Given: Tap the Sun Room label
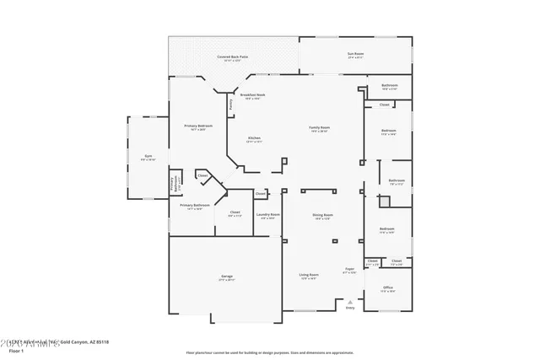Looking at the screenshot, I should pos(355,56).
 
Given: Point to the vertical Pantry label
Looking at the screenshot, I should pos(231,105).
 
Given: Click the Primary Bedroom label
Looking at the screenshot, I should pos(199,127).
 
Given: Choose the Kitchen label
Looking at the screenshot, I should pos(254,139).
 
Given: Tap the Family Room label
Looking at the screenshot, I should pos(319,128).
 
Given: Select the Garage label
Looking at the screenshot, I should pos(227,277).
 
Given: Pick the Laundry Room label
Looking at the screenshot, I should pos(269,216).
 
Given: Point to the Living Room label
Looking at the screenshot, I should pos(308,276).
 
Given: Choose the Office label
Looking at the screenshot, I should pos(387,289).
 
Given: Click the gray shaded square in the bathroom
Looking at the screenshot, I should pos(384,201).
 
